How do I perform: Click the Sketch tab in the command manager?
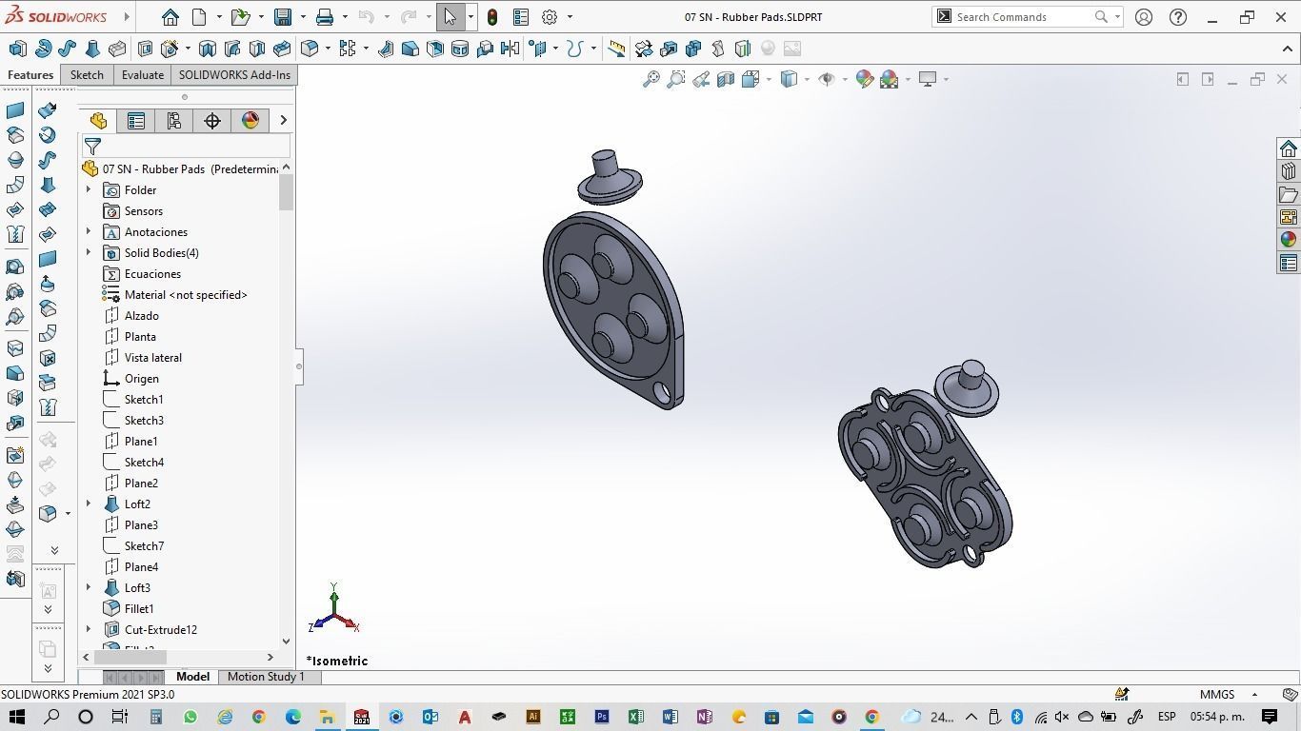pyautogui.click(x=87, y=75)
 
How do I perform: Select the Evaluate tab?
pyautogui.click(x=142, y=75)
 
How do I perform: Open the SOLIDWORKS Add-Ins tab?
pyautogui.click(x=234, y=75)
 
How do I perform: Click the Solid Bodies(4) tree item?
pyautogui.click(x=161, y=253)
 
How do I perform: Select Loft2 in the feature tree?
pyautogui.click(x=137, y=504)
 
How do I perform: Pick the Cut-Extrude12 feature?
pyautogui.click(x=160, y=630)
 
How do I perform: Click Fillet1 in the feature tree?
pyautogui.click(x=139, y=609)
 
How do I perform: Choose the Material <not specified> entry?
pyautogui.click(x=186, y=295)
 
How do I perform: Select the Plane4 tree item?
pyautogui.click(x=141, y=567)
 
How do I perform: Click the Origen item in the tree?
pyautogui.click(x=141, y=379)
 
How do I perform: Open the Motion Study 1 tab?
pyautogui.click(x=266, y=677)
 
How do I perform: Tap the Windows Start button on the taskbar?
pyautogui.click(x=17, y=717)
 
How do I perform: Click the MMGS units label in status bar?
pyautogui.click(x=1217, y=695)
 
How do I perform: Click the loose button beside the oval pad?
pyautogui.click(x=968, y=386)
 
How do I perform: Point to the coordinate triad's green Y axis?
pyautogui.click(x=334, y=597)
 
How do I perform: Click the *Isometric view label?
pyautogui.click(x=337, y=661)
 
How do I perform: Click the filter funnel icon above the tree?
pyautogui.click(x=92, y=147)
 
